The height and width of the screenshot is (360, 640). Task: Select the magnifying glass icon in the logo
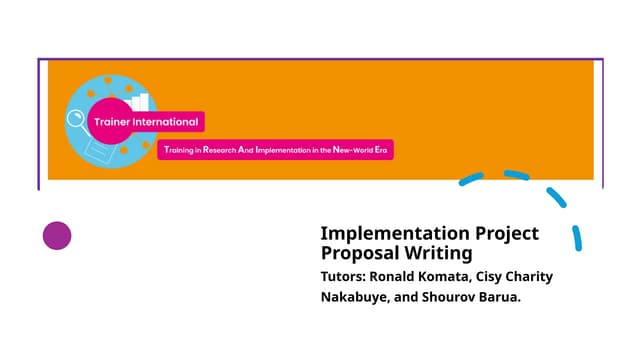click(77, 122)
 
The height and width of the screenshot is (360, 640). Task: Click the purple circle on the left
click(57, 236)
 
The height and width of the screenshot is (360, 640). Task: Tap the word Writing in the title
click(441, 254)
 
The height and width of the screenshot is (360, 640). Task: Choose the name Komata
click(460, 277)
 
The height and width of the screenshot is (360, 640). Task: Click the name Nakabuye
click(356, 298)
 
